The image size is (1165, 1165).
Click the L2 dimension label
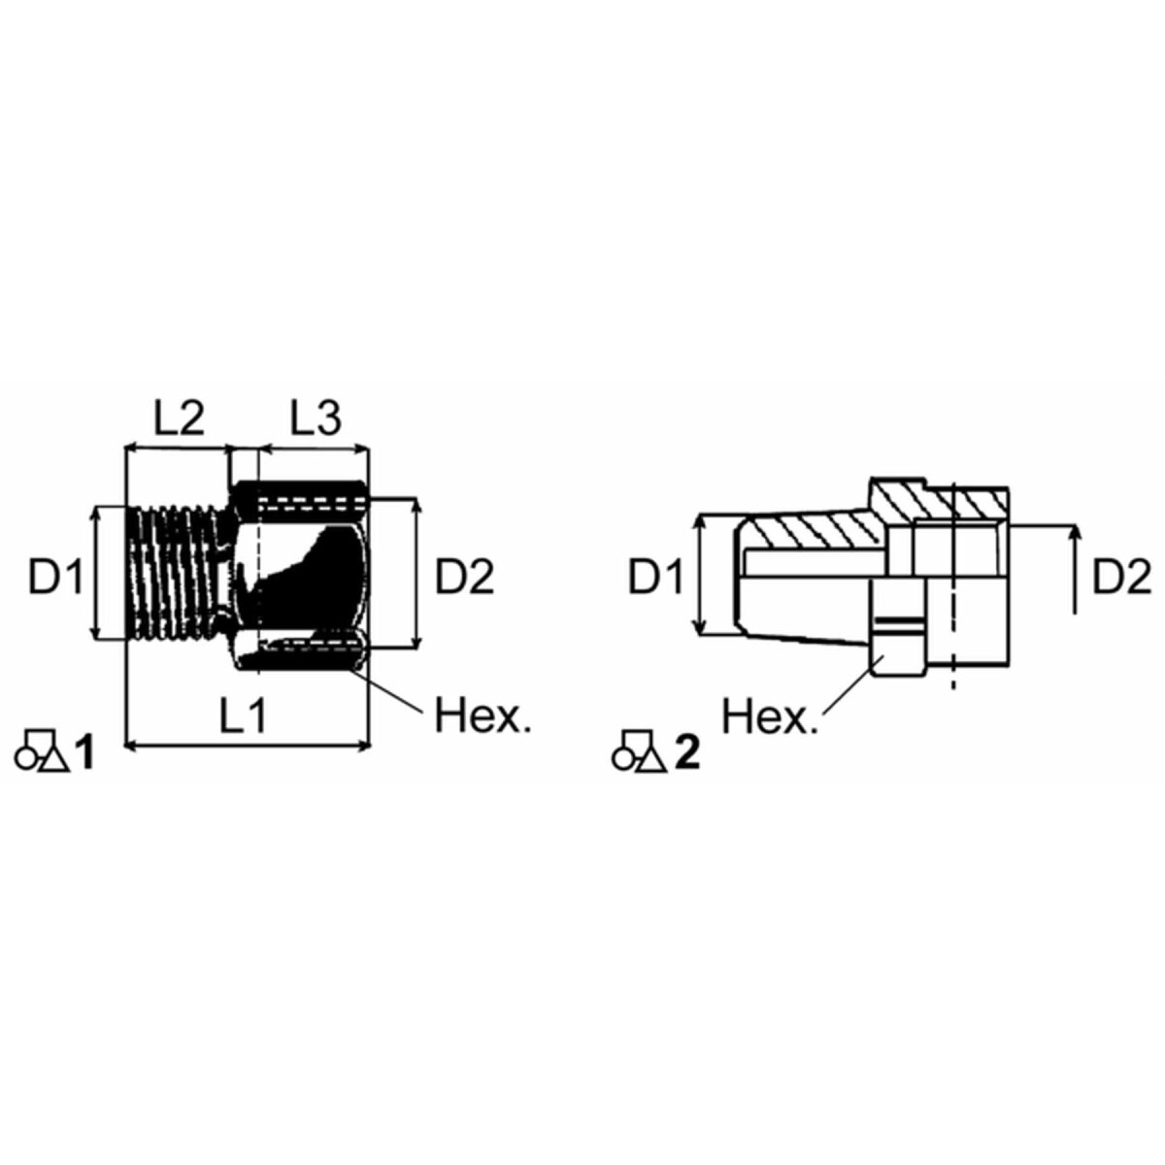click(180, 416)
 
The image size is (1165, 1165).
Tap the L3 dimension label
click(316, 416)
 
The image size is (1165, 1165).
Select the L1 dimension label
click(243, 716)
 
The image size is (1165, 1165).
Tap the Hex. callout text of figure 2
click(770, 717)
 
